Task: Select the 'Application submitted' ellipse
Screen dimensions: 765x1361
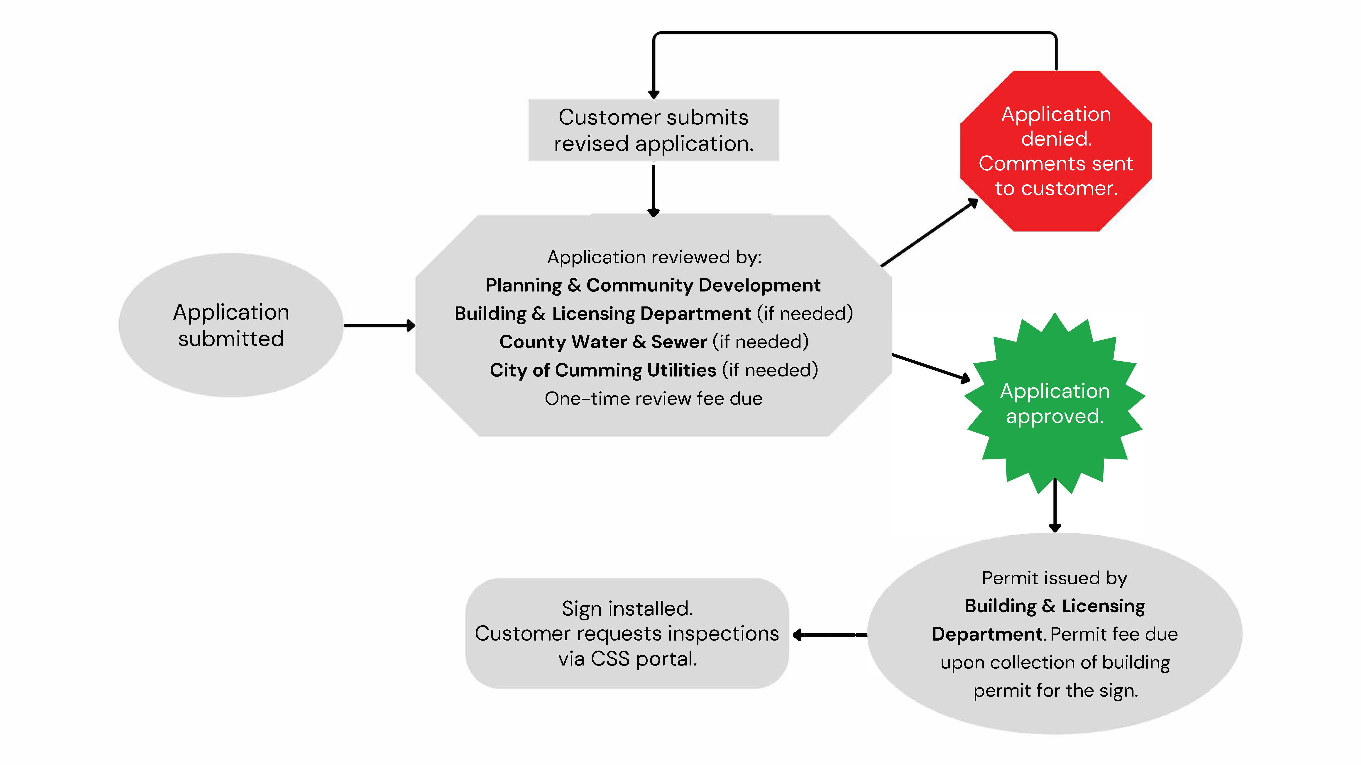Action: click(231, 325)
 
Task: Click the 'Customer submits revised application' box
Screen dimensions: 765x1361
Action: click(654, 130)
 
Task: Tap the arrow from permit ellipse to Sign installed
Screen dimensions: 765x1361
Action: click(830, 635)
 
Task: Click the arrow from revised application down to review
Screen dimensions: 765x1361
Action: click(654, 190)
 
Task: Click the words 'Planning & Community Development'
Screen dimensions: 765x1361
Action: click(653, 285)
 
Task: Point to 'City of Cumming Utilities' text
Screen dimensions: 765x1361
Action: click(603, 370)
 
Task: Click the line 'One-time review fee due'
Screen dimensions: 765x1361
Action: click(654, 399)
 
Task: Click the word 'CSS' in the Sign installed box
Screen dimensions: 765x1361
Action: click(610, 659)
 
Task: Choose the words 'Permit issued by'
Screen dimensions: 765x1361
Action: click(1055, 578)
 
